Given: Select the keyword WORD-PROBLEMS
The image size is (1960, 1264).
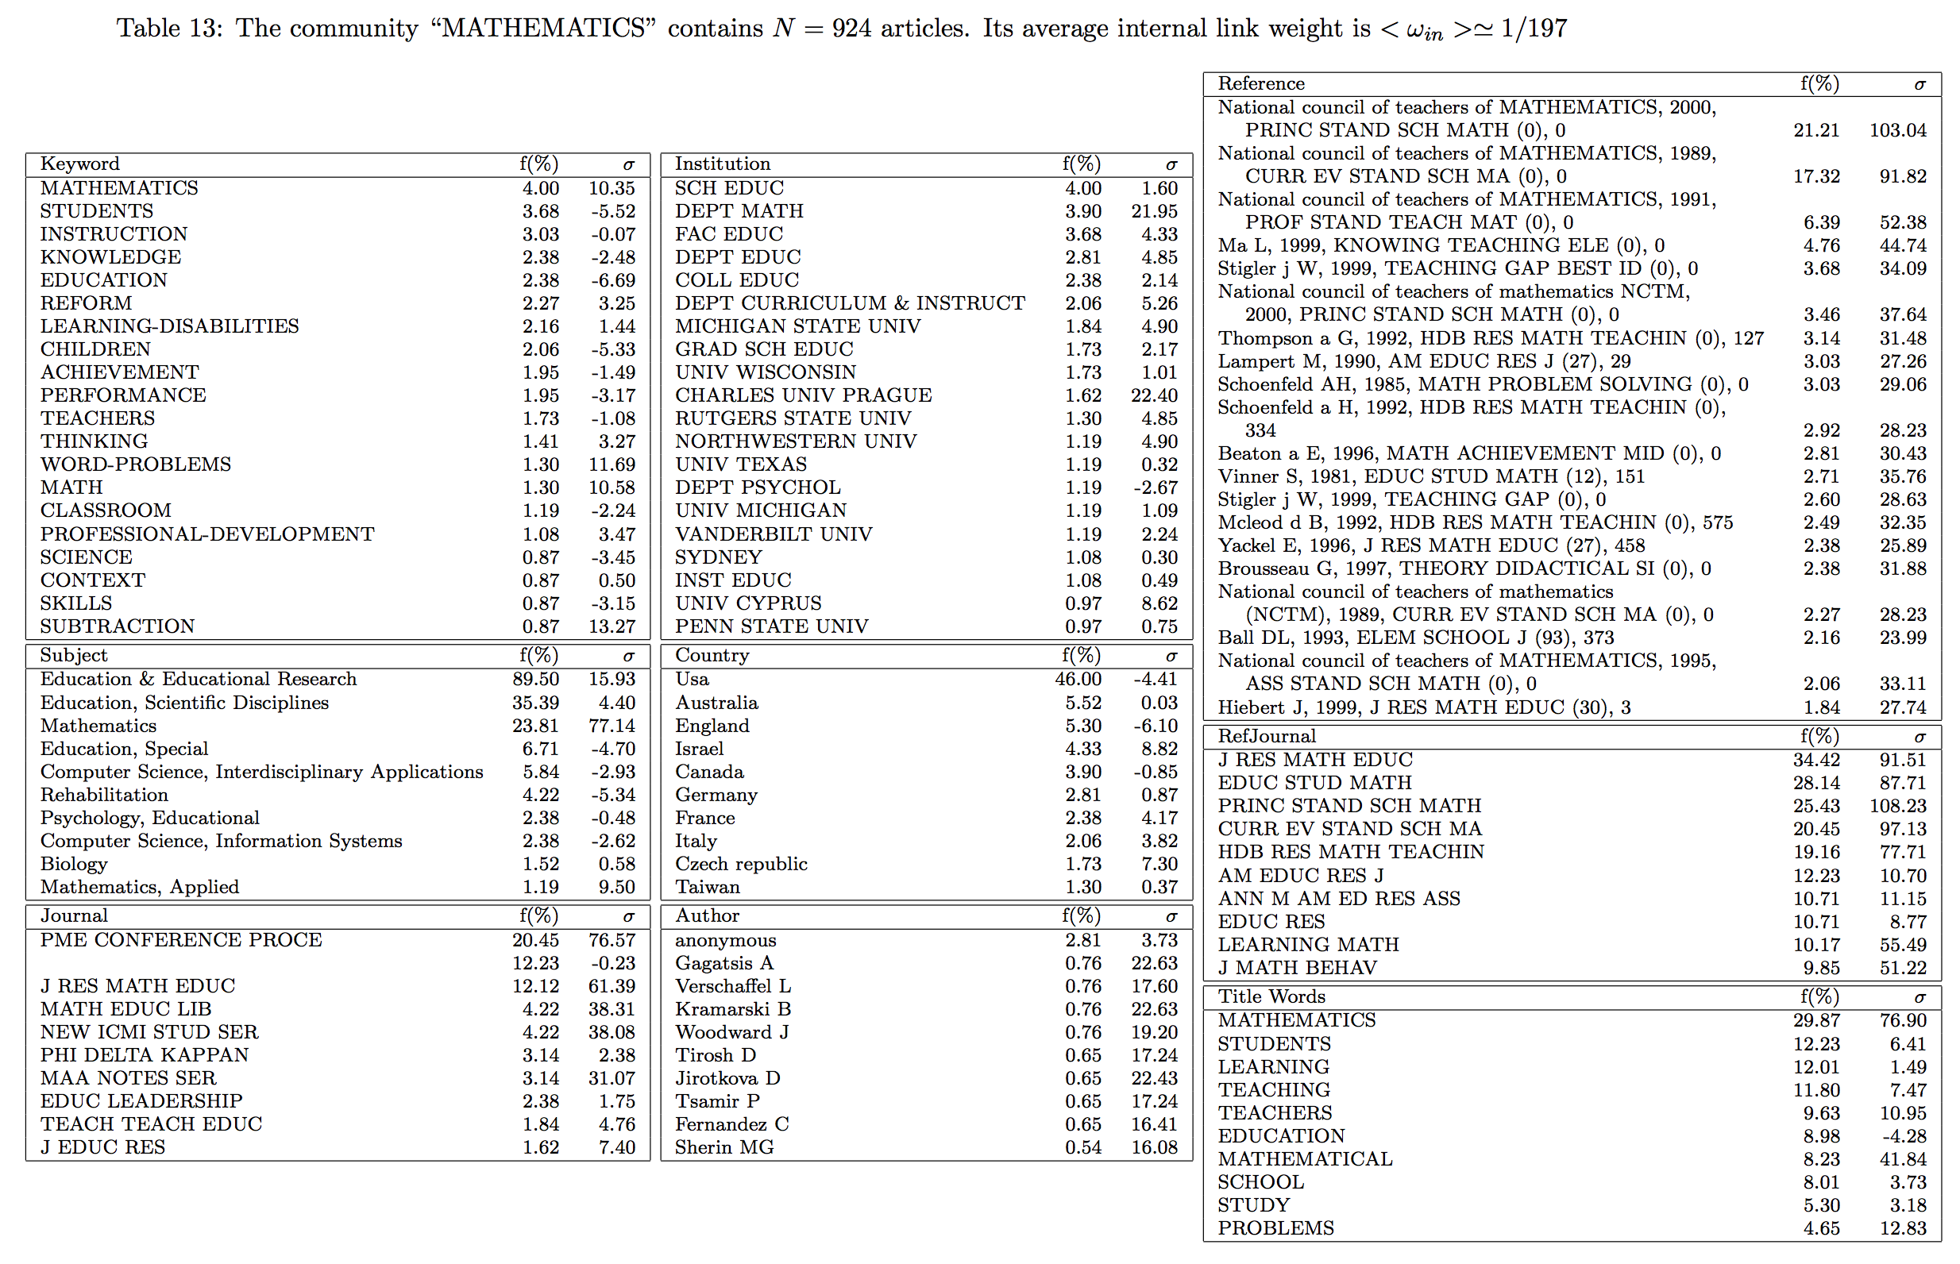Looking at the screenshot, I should (136, 464).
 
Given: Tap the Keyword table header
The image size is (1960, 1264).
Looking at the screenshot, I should (79, 164).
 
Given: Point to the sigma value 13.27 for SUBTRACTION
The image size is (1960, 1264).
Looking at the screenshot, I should (612, 626).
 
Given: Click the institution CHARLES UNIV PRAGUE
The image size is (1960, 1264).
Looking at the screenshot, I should (803, 395).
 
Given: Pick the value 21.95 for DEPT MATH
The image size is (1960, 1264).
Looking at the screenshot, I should (1154, 212).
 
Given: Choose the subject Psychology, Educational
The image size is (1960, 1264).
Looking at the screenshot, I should (149, 819).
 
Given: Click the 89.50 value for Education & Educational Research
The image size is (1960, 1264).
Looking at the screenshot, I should (536, 680).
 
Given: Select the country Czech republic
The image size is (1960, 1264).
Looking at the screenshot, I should (741, 865).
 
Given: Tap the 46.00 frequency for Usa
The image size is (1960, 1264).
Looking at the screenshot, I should (1078, 680).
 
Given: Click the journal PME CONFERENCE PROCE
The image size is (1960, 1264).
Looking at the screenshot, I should (180, 941).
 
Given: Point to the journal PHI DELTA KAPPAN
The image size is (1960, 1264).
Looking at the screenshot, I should (145, 1055).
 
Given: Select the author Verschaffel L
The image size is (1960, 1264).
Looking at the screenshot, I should (733, 987).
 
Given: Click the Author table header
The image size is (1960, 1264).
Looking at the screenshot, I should (707, 916).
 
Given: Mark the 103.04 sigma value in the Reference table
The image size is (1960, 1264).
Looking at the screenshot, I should (1897, 130).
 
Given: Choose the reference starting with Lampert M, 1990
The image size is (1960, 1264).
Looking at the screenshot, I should (1423, 362).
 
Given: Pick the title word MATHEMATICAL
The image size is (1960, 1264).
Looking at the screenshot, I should (1305, 1160).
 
